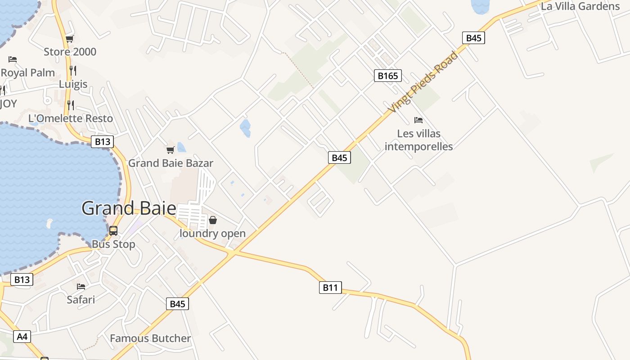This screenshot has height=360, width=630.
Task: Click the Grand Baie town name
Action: click(x=129, y=208)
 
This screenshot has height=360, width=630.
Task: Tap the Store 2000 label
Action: click(x=70, y=52)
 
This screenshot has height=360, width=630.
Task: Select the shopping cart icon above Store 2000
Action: click(x=69, y=39)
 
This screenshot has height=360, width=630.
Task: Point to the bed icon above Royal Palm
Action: click(x=13, y=59)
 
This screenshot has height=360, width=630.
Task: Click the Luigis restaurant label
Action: click(x=73, y=84)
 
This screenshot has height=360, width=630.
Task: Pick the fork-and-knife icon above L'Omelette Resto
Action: click(x=71, y=105)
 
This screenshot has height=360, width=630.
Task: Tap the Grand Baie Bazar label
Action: click(x=171, y=163)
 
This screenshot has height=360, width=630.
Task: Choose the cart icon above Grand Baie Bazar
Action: click(x=170, y=150)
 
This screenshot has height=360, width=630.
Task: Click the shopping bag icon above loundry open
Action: click(x=213, y=220)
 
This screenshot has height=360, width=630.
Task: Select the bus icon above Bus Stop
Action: click(x=113, y=231)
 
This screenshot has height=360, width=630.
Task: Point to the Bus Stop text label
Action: click(x=113, y=244)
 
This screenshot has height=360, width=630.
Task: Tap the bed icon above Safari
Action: click(x=81, y=286)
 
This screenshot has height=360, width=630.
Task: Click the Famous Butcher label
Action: click(x=150, y=338)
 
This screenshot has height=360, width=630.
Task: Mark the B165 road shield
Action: click(x=387, y=76)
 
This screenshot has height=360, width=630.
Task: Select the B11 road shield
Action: click(x=330, y=287)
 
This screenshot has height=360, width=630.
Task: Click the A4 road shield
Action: click(x=22, y=336)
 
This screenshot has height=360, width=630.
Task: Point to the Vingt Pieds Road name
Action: click(x=423, y=82)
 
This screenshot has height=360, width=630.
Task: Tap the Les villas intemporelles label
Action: click(x=418, y=140)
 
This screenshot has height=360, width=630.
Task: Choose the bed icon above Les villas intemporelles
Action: click(x=418, y=120)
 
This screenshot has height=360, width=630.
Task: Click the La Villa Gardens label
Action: click(x=580, y=6)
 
